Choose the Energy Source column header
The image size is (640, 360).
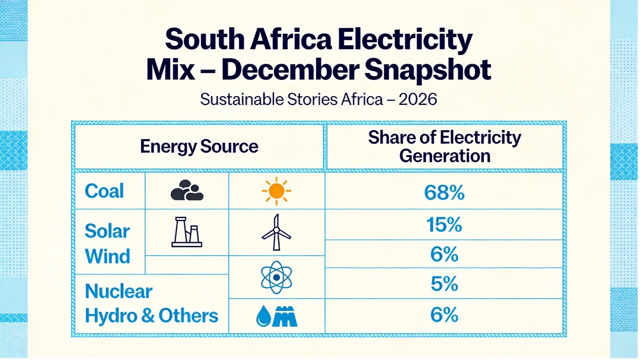[199, 146]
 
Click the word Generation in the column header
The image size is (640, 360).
[444, 156]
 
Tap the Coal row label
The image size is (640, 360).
[105, 191]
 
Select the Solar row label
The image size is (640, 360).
[107, 231]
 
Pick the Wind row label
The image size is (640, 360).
[108, 256]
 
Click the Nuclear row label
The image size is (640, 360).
[119, 291]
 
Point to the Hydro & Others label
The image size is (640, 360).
[152, 316]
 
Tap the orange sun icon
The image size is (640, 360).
[276, 191]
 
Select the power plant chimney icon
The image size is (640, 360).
[187, 232]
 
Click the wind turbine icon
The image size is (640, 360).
[276, 232]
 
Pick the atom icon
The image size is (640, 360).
[276, 277]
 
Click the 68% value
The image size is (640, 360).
[444, 193]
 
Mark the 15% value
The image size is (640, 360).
[444, 225]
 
